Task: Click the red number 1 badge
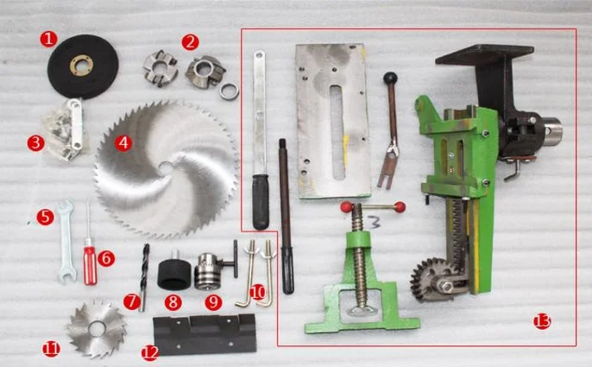click(48, 40)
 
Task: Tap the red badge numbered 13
click(542, 321)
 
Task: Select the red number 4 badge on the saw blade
click(123, 143)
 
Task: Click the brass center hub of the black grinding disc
click(81, 65)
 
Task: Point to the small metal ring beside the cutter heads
click(230, 92)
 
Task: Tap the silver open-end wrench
click(66, 242)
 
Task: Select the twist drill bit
click(145, 277)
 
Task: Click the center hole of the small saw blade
click(97, 329)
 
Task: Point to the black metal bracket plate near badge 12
click(205, 334)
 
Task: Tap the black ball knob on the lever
click(390, 79)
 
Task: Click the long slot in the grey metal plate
click(337, 132)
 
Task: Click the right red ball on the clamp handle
click(400, 207)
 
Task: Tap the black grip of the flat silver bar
click(261, 202)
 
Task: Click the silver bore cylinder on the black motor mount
click(552, 132)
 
